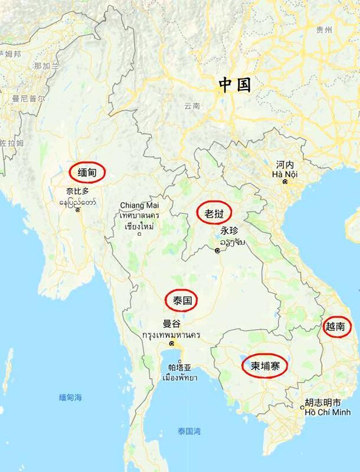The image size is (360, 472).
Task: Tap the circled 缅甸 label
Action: (x=87, y=173)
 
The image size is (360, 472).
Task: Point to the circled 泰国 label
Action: (x=182, y=300)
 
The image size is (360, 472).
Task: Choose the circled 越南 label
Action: (x=336, y=325)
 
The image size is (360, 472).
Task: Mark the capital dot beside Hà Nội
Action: (x=286, y=183)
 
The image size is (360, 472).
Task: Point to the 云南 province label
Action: (x=192, y=107)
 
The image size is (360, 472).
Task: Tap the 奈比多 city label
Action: (x=78, y=192)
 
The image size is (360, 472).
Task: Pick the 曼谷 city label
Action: (x=172, y=323)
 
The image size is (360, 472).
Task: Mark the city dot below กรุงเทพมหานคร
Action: (x=172, y=344)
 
